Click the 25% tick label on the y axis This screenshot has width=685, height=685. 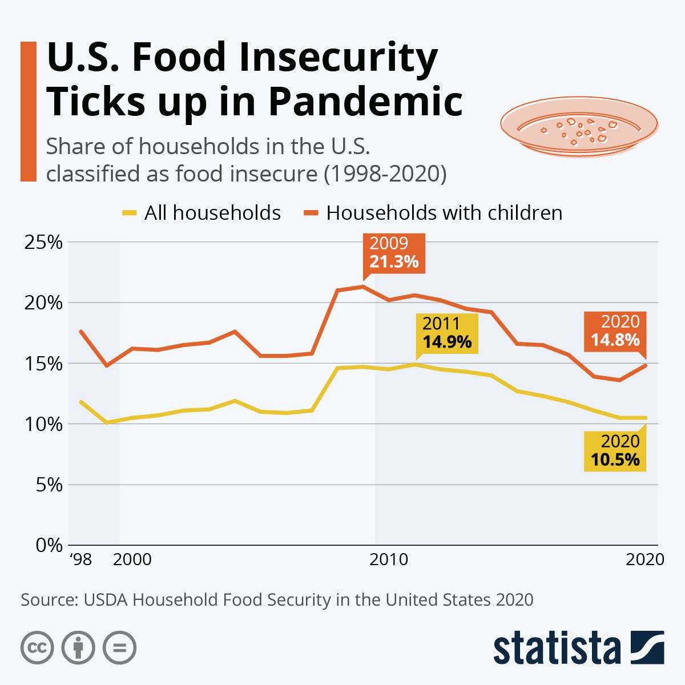[x=43, y=242]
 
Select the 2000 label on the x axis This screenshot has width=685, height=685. [x=132, y=559]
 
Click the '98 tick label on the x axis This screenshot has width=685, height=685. [x=80, y=559]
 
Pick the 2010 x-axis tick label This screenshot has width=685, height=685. [x=389, y=559]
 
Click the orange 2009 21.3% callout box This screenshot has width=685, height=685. [x=394, y=253]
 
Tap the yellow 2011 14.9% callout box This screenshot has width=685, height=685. [x=447, y=333]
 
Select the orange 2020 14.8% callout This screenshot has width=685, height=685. [x=615, y=331]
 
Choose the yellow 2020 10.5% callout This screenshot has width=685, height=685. [x=615, y=450]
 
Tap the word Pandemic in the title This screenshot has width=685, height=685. [x=365, y=101]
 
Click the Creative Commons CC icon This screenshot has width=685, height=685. [x=37, y=648]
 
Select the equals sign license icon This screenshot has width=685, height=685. [x=119, y=648]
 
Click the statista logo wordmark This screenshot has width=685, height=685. [x=557, y=648]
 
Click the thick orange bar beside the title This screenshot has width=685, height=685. [x=28, y=111]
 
